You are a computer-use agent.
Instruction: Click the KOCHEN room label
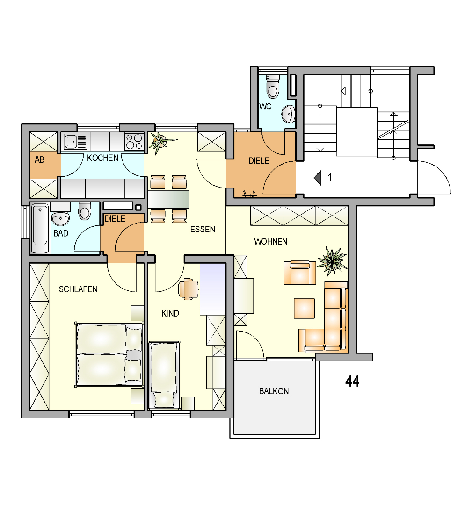click(x=103, y=158)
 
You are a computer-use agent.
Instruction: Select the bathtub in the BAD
click(x=40, y=228)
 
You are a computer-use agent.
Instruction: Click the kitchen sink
click(x=75, y=141)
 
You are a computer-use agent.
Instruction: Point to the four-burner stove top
click(x=134, y=142)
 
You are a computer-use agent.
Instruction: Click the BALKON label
click(x=274, y=391)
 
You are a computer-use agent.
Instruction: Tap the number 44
click(x=352, y=382)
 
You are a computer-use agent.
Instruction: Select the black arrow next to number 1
click(x=318, y=178)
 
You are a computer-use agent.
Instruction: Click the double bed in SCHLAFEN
click(x=109, y=354)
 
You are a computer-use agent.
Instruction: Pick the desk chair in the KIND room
click(x=188, y=289)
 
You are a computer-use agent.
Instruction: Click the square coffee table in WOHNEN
click(x=304, y=308)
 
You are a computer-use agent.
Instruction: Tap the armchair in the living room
click(x=300, y=273)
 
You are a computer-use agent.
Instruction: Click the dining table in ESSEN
click(x=168, y=199)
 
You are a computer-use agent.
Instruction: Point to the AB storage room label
click(x=40, y=159)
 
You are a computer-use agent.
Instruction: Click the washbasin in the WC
click(x=288, y=114)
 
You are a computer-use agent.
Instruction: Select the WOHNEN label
click(x=271, y=242)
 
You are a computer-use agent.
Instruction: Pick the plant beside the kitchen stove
click(x=161, y=142)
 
